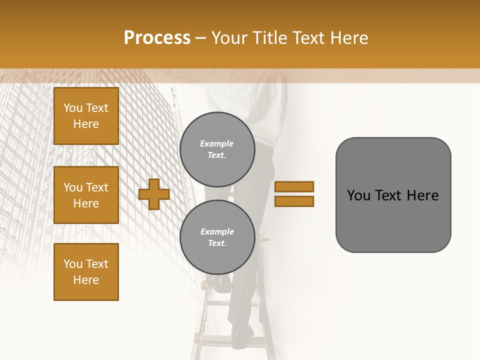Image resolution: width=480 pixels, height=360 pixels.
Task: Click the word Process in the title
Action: coord(157,38)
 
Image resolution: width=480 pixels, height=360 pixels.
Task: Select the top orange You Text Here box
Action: coord(86,116)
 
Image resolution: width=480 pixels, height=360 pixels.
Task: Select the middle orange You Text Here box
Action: coord(86,195)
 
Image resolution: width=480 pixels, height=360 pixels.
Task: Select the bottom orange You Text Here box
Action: coord(86,272)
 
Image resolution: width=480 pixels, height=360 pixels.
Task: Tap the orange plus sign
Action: coord(154,194)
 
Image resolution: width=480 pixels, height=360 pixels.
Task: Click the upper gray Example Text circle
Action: coord(217,149)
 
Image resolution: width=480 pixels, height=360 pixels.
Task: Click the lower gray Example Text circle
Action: coord(217,237)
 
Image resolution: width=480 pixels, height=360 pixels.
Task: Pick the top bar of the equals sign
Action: coord(294,186)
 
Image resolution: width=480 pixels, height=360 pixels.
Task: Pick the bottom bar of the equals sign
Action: coord(294,201)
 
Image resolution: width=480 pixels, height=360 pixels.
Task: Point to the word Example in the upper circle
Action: coord(217,143)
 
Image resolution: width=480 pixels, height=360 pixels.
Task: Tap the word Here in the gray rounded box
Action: coord(423,195)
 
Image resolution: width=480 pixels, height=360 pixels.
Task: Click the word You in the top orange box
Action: coord(73,108)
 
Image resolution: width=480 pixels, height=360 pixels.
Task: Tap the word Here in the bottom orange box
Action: coord(86,280)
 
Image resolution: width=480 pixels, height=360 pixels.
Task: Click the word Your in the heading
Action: coord(229,38)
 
